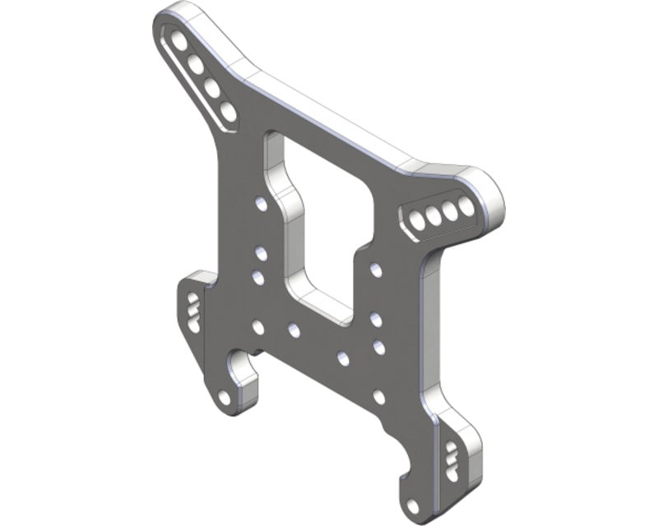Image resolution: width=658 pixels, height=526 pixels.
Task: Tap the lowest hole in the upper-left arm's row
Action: click(x=227, y=111)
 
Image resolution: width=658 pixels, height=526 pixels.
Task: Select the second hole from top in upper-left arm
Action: click(x=196, y=62)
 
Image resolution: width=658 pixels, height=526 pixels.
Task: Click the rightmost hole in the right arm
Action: click(x=466, y=206)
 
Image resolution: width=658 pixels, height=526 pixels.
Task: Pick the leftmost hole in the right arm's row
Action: click(x=416, y=220)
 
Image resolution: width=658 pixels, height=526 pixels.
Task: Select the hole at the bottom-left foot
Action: click(x=225, y=398)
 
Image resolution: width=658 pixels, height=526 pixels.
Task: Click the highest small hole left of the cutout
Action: click(x=262, y=203)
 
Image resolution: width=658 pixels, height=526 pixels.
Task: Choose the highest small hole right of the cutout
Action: click(x=376, y=269)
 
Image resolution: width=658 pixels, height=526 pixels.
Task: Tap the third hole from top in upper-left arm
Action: click(x=211, y=86)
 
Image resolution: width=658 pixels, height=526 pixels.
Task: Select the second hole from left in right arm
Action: click(x=433, y=216)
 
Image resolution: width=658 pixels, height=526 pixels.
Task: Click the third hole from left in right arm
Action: click(x=450, y=211)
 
